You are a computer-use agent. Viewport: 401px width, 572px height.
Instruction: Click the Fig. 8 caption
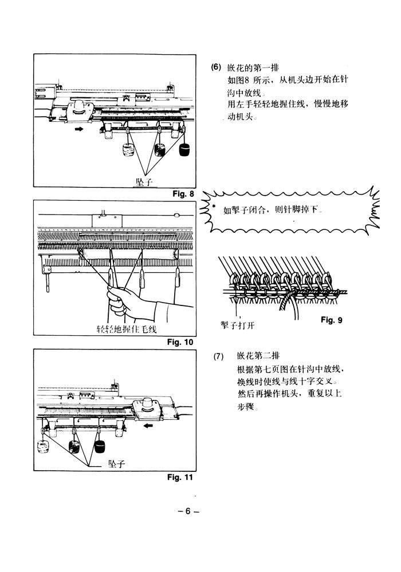tap(183, 194)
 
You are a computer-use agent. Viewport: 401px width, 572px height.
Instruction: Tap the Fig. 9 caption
tap(332, 320)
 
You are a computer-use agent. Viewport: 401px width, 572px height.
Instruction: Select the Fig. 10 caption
tap(180, 342)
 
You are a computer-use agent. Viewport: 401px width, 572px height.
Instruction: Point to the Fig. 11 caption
tap(180, 477)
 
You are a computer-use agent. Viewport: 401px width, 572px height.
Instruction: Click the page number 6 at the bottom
tap(188, 511)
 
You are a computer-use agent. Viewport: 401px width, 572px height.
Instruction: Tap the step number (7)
tap(218, 356)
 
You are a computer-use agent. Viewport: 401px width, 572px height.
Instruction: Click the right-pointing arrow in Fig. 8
tap(78, 129)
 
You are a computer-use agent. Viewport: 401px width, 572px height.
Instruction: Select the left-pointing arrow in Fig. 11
tap(148, 426)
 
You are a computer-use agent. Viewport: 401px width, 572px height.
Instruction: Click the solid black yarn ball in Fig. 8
tap(184, 149)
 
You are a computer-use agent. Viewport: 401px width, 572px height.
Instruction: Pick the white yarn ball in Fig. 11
tap(44, 446)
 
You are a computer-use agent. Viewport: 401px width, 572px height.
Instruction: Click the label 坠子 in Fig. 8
tap(144, 182)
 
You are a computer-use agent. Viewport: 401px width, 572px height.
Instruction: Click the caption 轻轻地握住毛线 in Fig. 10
tap(127, 329)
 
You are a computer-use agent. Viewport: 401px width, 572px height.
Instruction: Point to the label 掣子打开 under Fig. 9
tap(237, 325)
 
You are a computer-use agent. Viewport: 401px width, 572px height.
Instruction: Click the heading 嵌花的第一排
tap(253, 67)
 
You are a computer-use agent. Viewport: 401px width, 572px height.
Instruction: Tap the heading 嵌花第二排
tap(258, 356)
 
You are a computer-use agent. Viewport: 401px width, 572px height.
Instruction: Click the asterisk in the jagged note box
tap(214, 206)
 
